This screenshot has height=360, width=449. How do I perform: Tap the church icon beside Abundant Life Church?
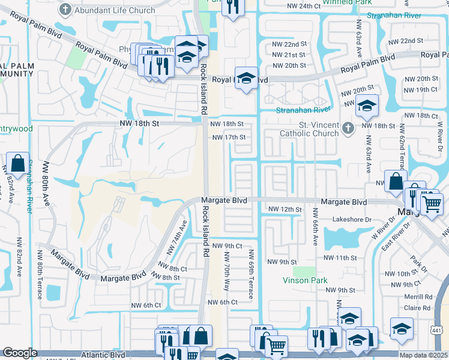click(x=66, y=10)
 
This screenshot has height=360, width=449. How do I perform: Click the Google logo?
click(x=20, y=353)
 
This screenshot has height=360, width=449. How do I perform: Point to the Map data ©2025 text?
click(x=423, y=355)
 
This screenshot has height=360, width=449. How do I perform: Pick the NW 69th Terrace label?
click(x=251, y=274)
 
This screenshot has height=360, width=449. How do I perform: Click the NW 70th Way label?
click(x=226, y=275)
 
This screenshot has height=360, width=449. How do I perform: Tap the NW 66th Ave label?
click(x=315, y=227)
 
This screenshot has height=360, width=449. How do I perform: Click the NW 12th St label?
click(x=284, y=209)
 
